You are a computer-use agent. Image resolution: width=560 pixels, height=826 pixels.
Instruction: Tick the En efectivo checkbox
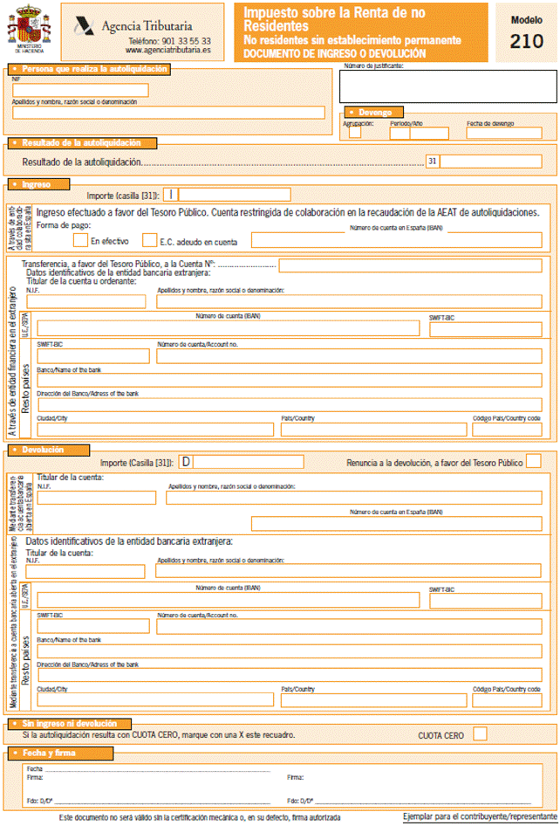[80, 239]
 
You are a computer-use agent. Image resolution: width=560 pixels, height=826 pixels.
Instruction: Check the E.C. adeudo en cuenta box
[148, 239]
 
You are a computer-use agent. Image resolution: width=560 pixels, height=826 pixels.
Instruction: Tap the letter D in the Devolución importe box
[186, 461]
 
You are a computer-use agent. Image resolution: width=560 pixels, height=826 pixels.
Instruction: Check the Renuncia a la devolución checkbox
[534, 461]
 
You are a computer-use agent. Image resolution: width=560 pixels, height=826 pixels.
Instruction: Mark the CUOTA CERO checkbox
[480, 734]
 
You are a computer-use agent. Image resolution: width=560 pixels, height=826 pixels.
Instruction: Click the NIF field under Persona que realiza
[80, 90]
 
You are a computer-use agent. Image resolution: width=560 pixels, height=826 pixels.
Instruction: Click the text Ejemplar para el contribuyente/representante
[479, 816]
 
